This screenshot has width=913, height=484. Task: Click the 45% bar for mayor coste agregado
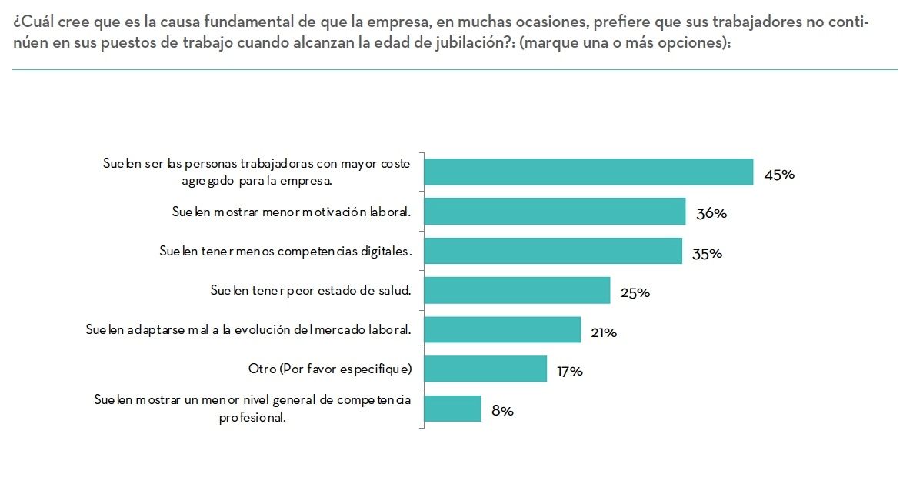pos(588,172)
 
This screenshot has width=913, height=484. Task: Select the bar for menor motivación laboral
pos(555,212)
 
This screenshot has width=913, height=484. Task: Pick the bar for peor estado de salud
pos(517,290)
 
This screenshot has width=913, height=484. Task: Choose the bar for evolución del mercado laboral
pos(502,329)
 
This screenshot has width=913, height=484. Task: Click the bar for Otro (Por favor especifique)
pos(485,369)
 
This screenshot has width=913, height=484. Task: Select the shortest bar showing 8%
pos(452,408)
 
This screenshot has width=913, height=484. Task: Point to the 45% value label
pos(778,175)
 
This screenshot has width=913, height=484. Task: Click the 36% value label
pos(711,214)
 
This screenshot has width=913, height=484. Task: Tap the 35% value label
pos(707,253)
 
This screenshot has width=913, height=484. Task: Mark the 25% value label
pos(635,292)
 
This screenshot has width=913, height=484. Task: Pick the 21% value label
pos(604,332)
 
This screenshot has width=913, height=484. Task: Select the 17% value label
pos(570,372)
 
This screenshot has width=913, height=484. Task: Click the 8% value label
pos(502,411)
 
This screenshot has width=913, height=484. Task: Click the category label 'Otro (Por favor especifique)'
pos(330,369)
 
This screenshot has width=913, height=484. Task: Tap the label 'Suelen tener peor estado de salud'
pos(312,290)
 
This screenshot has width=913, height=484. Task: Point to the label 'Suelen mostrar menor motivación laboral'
pos(292,212)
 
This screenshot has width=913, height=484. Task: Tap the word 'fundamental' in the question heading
pos(214,22)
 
